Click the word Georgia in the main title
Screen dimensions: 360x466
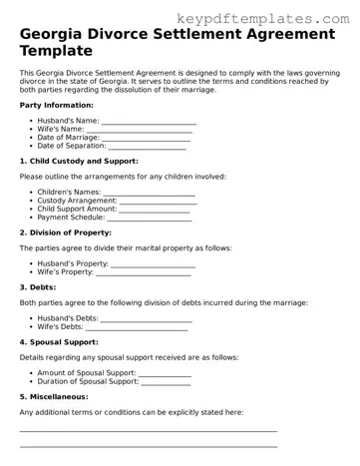(x=60, y=37)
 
